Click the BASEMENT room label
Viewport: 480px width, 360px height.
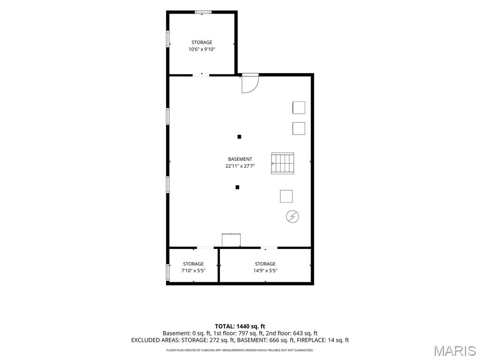click(x=240, y=159)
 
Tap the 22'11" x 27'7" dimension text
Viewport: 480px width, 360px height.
click(x=240, y=166)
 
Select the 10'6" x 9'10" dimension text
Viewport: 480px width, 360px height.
click(x=202, y=49)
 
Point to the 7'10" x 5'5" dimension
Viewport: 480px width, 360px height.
click(x=193, y=270)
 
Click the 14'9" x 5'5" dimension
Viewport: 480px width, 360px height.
click(x=265, y=270)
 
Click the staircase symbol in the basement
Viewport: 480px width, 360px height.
click(x=283, y=163)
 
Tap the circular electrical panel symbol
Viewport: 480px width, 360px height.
click(x=292, y=217)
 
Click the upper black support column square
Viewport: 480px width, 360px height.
click(x=240, y=137)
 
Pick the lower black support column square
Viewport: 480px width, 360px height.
click(x=237, y=187)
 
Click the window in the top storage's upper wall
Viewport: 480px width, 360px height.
click(x=203, y=12)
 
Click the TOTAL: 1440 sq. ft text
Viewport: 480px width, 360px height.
click(x=240, y=326)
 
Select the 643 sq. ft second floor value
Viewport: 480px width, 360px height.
click(x=305, y=333)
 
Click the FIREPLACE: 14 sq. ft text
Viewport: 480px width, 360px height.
click(x=322, y=340)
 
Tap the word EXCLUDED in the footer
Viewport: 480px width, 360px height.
click(x=145, y=340)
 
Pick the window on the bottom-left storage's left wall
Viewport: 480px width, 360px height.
click(x=168, y=272)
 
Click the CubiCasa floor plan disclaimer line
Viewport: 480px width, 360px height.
click(x=240, y=350)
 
